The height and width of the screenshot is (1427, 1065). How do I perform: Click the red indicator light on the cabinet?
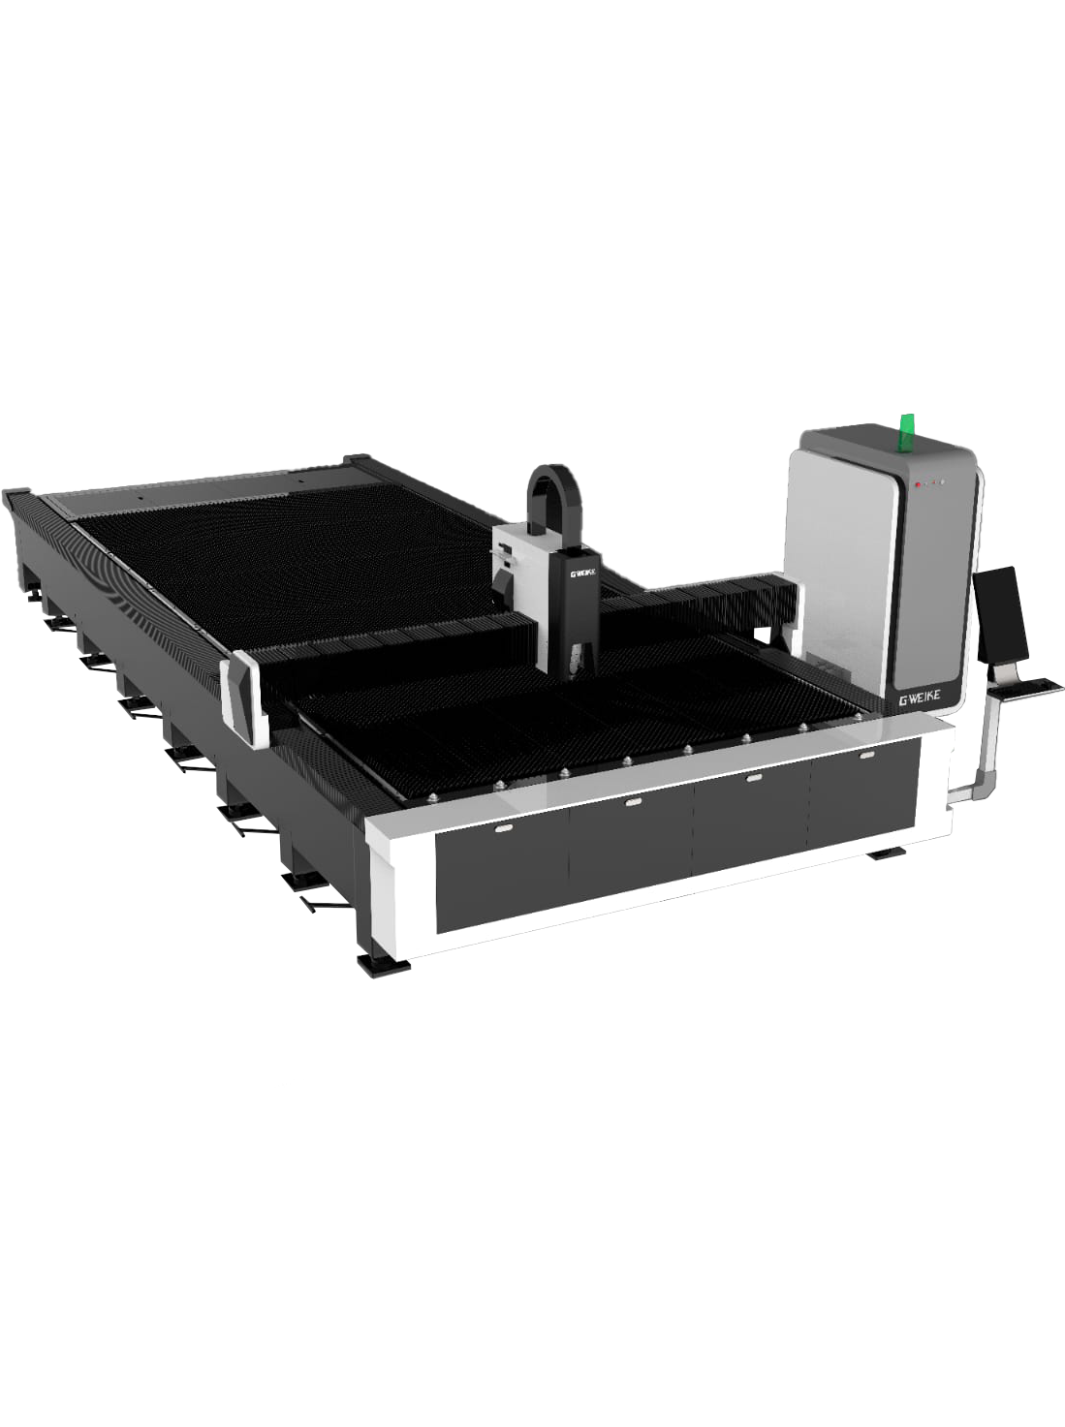[x=918, y=484]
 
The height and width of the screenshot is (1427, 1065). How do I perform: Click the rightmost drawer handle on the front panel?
[x=866, y=756]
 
